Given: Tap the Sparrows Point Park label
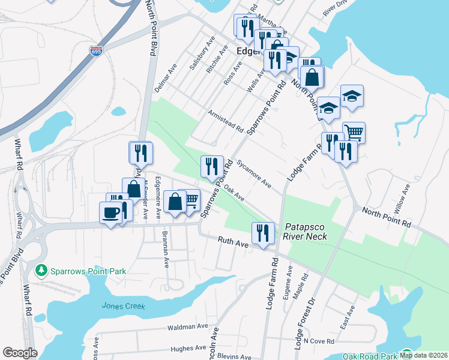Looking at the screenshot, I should (x=88, y=271).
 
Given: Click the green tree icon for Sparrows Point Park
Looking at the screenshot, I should (x=41, y=271).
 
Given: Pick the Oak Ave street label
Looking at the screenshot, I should (x=234, y=193).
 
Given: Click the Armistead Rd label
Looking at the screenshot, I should (x=225, y=121).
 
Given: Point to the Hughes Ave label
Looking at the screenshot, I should (x=188, y=348).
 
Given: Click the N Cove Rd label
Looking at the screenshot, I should (x=318, y=341).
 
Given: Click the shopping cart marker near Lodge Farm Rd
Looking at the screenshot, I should (x=354, y=132).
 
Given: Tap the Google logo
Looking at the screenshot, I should (x=20, y=353).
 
